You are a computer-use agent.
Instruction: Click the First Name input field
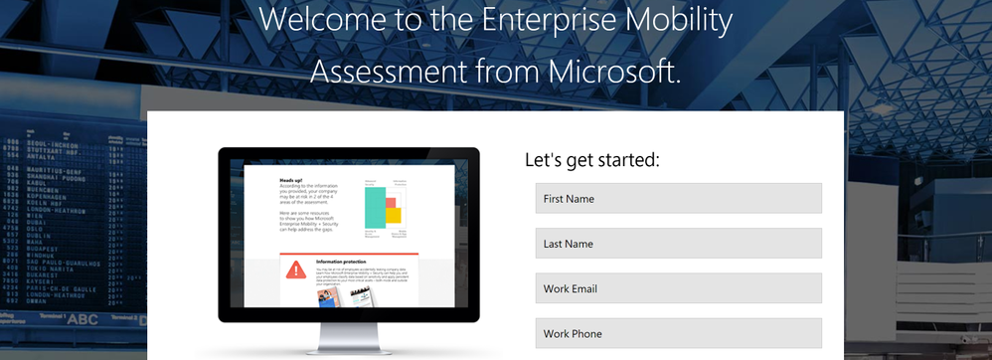click(678, 198)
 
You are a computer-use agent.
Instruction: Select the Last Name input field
click(678, 244)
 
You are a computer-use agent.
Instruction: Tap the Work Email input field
click(678, 288)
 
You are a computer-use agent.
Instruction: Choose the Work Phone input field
click(678, 333)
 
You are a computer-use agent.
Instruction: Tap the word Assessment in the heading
click(395, 71)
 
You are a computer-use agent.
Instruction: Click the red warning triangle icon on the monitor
click(296, 269)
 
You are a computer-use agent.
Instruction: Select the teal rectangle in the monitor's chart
click(375, 207)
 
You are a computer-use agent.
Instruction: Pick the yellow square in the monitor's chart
click(394, 215)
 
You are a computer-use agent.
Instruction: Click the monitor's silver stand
click(347, 338)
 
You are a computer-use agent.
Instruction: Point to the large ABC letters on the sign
click(82, 319)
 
